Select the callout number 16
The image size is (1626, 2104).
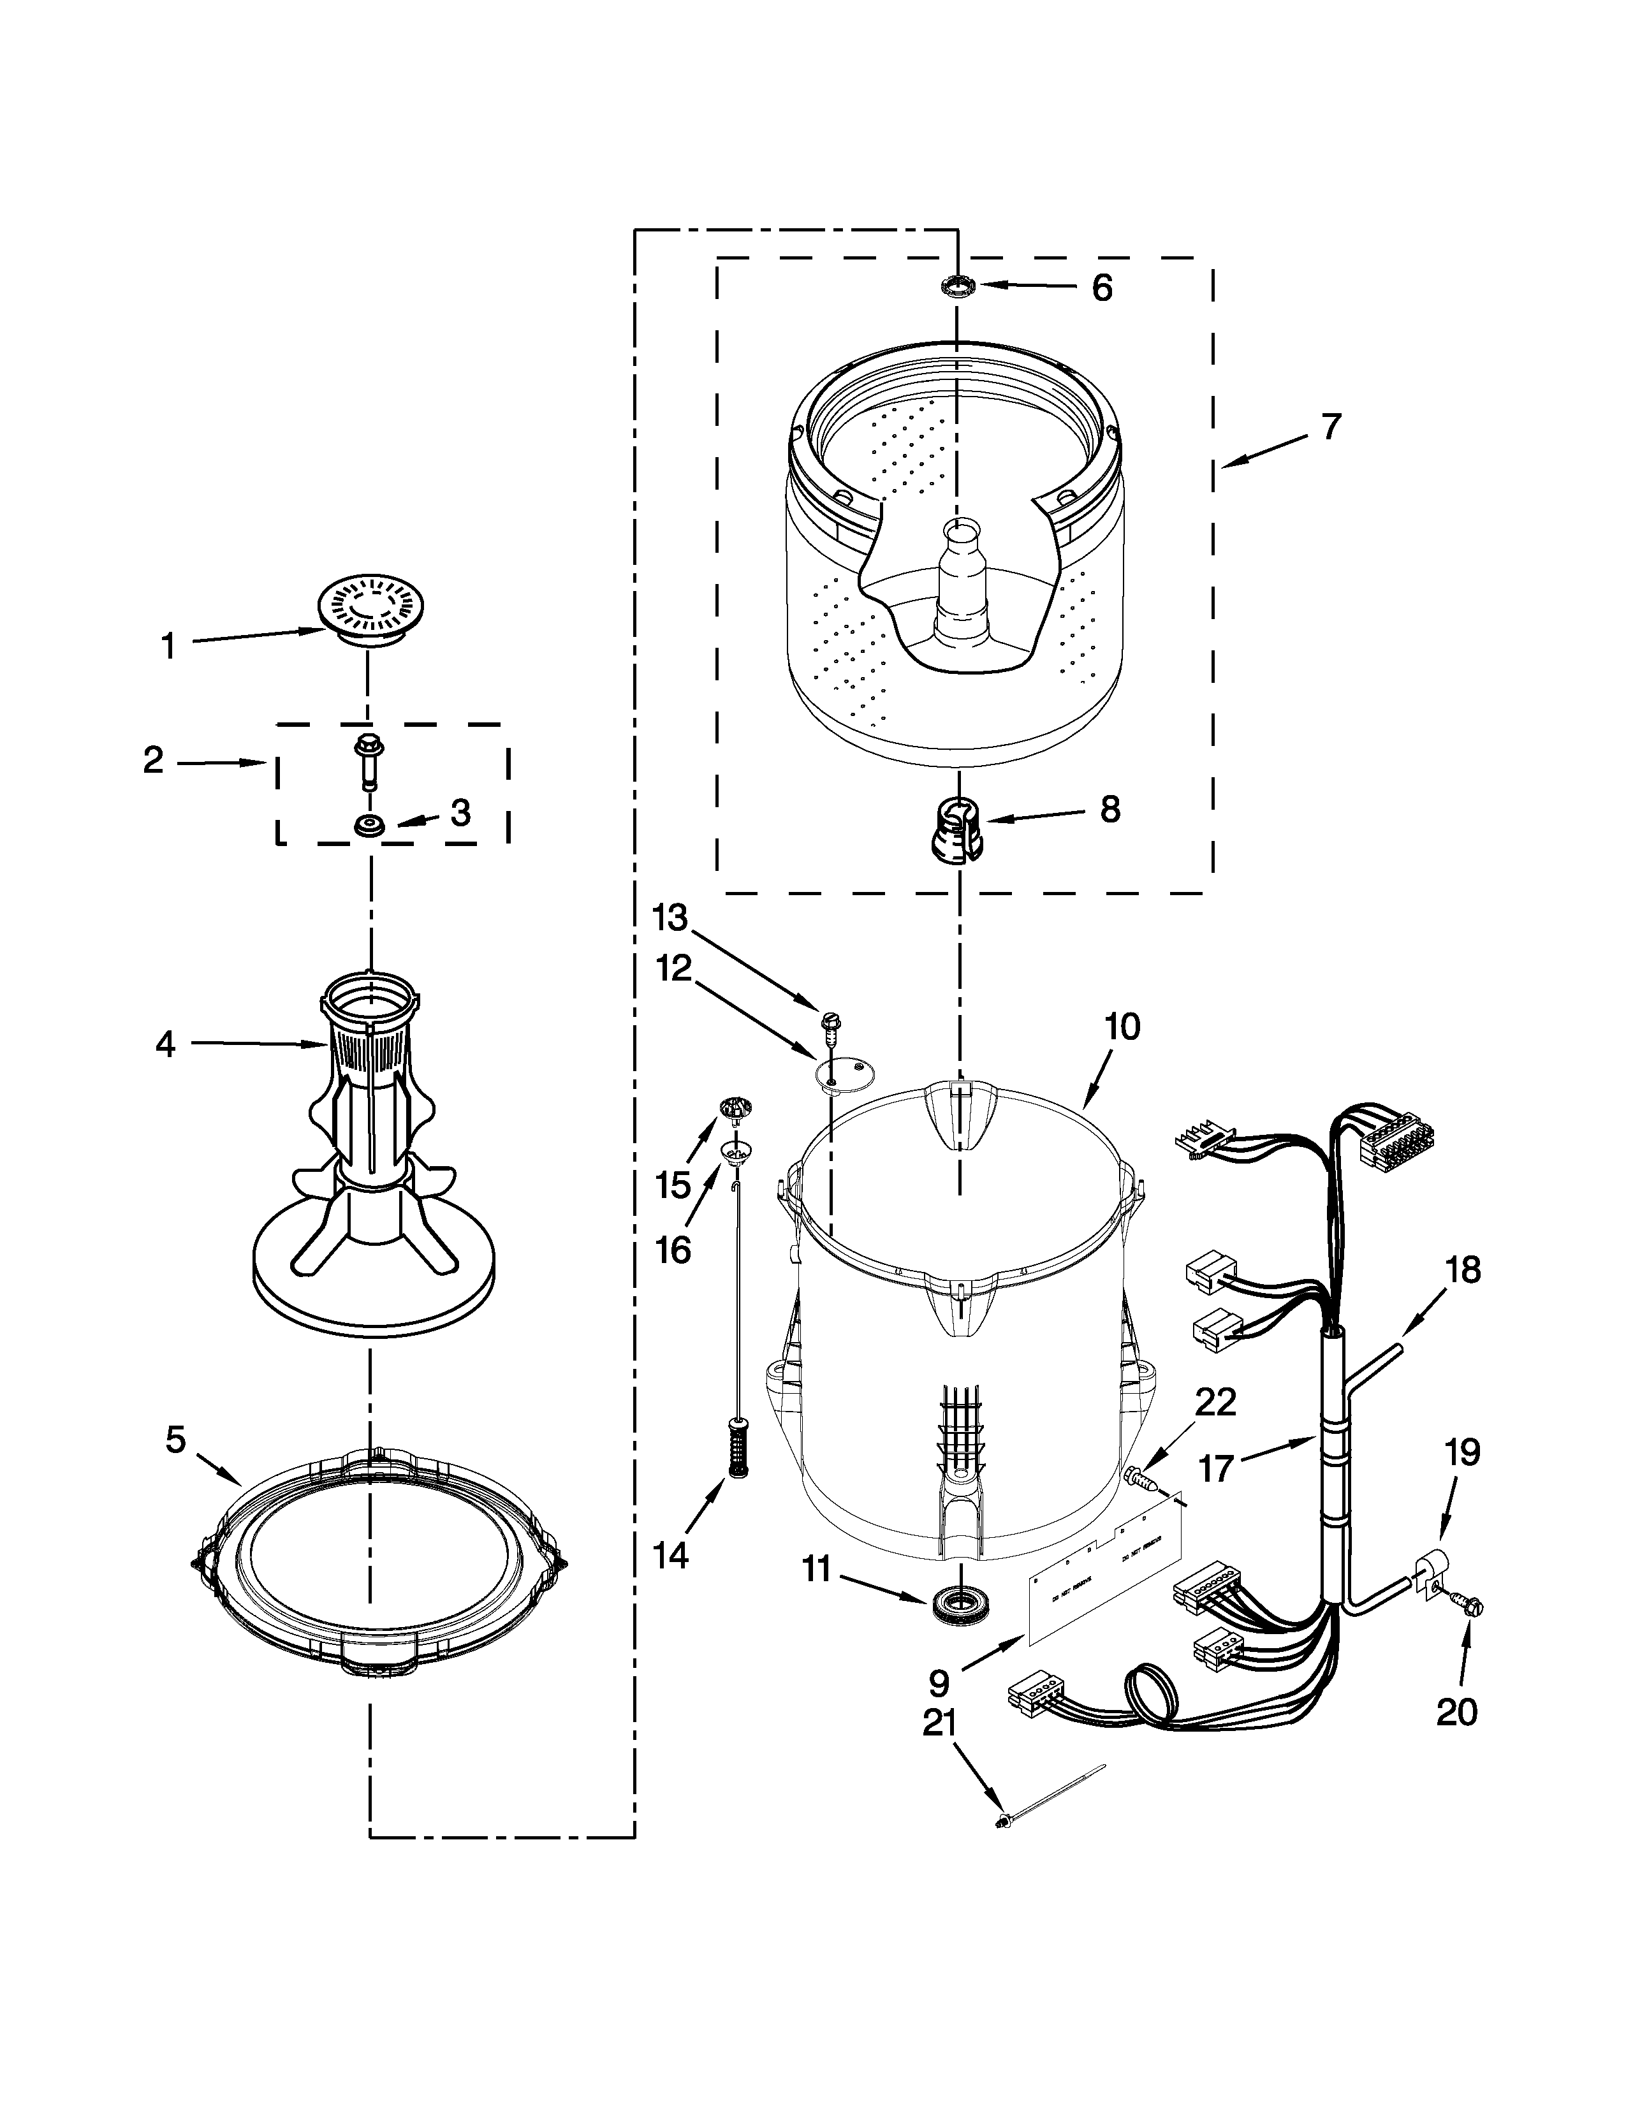[673, 1250]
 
